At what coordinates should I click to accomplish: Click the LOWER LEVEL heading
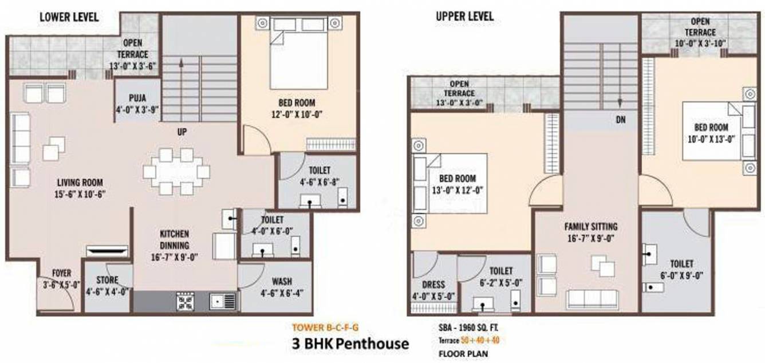point(69,17)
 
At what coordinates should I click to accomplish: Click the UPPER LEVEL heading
point(464,16)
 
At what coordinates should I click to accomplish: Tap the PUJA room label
point(136,97)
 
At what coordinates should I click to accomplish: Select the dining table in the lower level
point(176,171)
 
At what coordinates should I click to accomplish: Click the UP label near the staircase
point(182,132)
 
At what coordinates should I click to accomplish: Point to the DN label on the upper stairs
point(620,120)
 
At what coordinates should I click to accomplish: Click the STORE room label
point(108,280)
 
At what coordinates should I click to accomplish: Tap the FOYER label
point(61,273)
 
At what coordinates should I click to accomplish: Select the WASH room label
point(282,281)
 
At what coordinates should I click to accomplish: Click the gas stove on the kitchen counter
point(185,301)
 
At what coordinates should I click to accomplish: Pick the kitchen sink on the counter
point(222,301)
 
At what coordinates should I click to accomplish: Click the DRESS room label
point(433,285)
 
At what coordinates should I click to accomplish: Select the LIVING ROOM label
point(80,183)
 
